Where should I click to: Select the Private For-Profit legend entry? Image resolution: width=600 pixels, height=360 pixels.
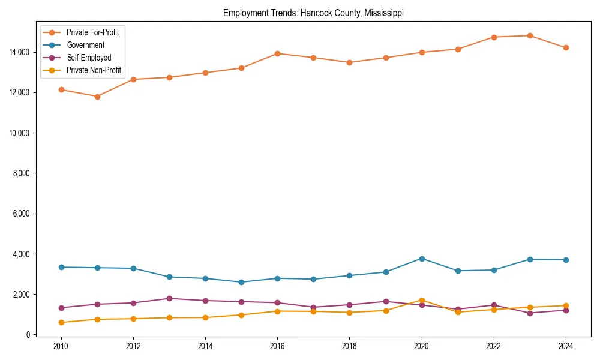tap(92, 32)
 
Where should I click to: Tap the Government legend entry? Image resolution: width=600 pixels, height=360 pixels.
tap(85, 45)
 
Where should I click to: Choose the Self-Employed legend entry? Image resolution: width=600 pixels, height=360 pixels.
tap(89, 58)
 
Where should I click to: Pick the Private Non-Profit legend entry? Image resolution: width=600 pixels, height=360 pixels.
tap(94, 70)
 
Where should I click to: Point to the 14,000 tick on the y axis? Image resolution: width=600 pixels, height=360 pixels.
tap(20, 52)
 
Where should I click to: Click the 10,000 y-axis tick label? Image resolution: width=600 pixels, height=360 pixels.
tap(20, 133)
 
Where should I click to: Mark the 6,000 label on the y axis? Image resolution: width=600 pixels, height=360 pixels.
tap(22, 214)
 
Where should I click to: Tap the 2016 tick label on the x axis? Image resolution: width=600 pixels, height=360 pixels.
tap(277, 346)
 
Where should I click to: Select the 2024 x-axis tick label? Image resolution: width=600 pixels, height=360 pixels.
tap(566, 346)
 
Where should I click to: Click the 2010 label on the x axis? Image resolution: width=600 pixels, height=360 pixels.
tap(61, 346)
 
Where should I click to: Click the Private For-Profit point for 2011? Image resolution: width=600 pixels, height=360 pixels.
tap(97, 97)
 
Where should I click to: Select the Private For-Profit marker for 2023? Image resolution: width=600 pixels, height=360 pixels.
tap(530, 35)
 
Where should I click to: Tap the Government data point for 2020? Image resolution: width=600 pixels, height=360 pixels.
tap(422, 259)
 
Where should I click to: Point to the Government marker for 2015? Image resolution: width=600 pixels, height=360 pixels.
tap(241, 282)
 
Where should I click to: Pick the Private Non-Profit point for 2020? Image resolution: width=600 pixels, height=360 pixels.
tap(422, 300)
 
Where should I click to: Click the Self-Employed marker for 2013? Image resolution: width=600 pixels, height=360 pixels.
tap(169, 298)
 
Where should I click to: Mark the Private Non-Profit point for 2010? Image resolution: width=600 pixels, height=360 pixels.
tap(61, 322)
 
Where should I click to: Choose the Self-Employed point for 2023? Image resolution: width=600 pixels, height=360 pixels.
tap(530, 313)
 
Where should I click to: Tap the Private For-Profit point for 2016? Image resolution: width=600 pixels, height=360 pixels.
tap(277, 53)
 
